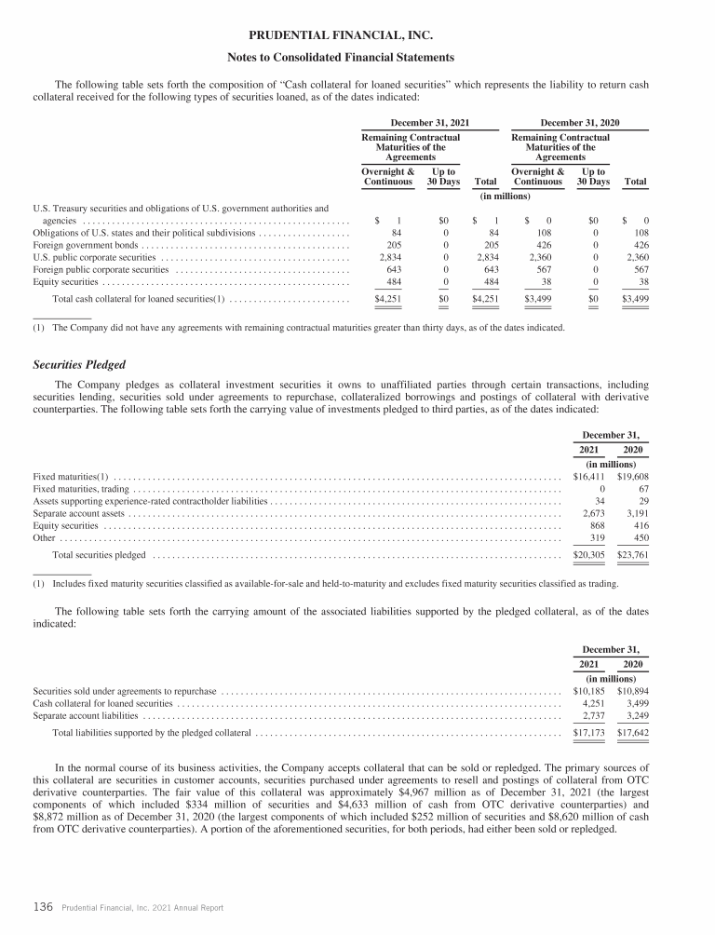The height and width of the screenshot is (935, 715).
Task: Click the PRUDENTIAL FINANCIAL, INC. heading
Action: click(x=357, y=36)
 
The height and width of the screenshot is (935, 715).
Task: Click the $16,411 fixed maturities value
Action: click(x=589, y=477)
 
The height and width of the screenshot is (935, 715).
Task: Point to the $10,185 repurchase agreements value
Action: click(x=589, y=691)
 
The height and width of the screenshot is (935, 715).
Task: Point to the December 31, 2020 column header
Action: click(x=574, y=122)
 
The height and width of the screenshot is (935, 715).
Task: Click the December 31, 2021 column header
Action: click(x=429, y=122)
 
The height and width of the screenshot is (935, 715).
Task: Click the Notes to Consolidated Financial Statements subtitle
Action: click(x=357, y=58)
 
